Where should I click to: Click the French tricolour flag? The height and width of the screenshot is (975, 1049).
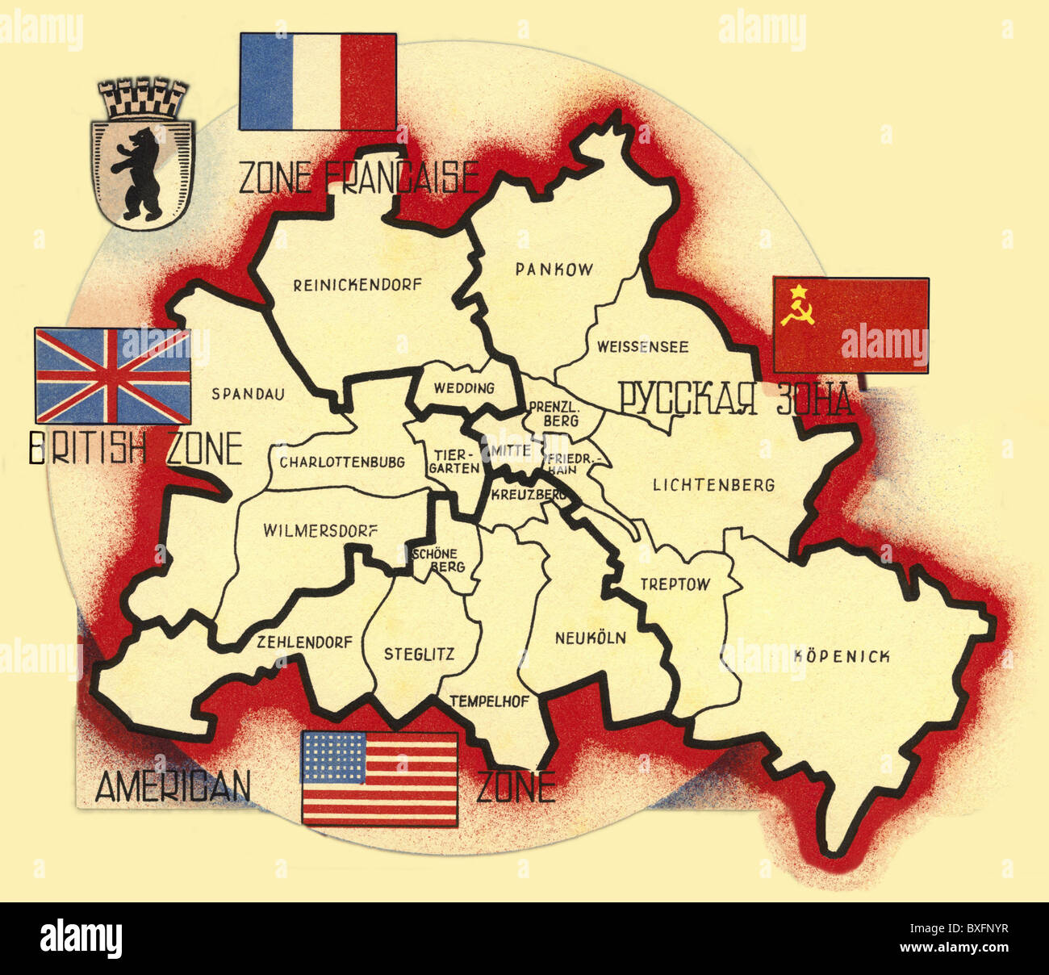coord(317,81)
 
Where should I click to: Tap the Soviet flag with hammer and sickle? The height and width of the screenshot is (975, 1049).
coord(850,325)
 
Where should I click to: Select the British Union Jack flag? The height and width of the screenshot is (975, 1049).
coord(113,375)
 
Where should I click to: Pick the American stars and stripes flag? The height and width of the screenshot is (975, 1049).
coord(379,778)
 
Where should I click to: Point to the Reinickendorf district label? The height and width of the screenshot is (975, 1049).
coord(357,284)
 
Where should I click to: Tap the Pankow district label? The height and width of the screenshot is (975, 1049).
coord(554,270)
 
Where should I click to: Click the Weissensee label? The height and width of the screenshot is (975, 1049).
coord(642,347)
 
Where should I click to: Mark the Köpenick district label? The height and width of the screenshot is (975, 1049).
coord(842,656)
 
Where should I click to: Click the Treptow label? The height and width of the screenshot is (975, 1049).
coord(675,584)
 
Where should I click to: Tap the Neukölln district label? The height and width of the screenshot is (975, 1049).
coord(590,638)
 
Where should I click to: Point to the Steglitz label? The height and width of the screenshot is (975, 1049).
coord(419,654)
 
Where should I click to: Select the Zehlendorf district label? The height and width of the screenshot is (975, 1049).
coord(304,642)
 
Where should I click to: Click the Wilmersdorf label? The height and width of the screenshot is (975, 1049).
coord(320,531)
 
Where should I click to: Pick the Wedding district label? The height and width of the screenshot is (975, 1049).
coord(464,388)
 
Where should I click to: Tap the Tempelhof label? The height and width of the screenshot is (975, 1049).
coord(489,701)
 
